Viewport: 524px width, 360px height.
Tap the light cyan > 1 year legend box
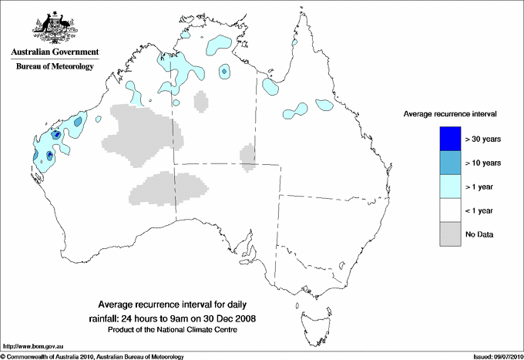tap(445, 186)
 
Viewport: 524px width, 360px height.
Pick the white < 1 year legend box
tap(445, 210)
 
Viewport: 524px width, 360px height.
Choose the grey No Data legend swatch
tap(445, 234)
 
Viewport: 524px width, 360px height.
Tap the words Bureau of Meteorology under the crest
tap(55, 67)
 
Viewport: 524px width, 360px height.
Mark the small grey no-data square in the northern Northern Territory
tap(202, 102)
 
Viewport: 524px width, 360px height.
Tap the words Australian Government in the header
tap(55, 52)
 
